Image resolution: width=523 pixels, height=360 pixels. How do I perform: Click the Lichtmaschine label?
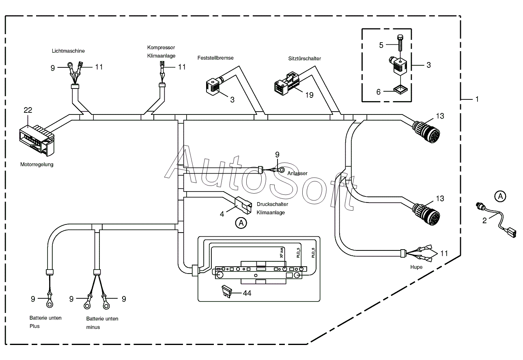[68, 51]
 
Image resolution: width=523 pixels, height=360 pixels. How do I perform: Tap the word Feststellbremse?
[215, 58]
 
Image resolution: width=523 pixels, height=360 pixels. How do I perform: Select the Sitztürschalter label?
[304, 58]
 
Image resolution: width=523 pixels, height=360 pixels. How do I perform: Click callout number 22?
[28, 110]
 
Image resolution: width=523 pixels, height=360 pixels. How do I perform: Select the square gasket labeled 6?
[400, 90]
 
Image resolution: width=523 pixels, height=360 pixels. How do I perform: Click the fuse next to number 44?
[226, 291]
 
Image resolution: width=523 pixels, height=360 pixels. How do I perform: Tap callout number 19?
[309, 95]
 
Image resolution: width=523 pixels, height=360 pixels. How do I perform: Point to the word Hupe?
[416, 267]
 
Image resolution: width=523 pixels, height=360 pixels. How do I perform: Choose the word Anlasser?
[297, 173]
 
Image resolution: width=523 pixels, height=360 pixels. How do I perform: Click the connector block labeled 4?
[243, 205]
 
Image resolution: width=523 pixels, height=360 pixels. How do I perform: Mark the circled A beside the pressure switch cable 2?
[500, 196]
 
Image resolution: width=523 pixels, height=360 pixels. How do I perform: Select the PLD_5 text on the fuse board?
[298, 253]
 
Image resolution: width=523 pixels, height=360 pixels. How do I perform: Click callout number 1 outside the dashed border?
[477, 99]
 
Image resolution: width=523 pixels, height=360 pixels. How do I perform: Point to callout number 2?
[484, 220]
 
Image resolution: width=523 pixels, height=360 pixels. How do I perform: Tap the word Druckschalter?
[272, 204]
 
